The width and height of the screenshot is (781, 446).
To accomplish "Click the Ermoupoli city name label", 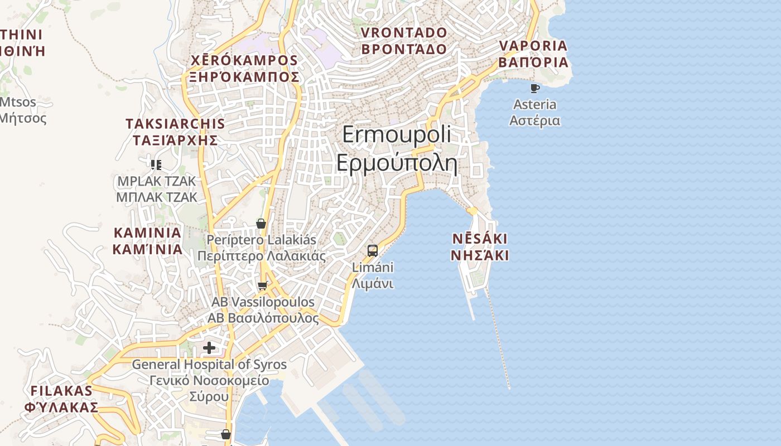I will [x=397, y=149].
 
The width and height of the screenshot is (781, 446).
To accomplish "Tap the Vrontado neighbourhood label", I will [x=404, y=41].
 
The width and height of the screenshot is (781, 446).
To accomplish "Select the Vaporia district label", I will [x=533, y=54].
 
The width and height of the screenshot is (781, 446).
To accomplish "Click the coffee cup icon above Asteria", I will [x=535, y=88].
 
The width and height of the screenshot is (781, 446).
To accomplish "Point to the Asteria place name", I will [x=534, y=112].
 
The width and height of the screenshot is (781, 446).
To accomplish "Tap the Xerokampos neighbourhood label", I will [x=244, y=68].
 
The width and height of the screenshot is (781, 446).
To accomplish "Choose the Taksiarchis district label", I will [x=175, y=132].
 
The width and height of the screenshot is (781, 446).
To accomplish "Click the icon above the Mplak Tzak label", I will [x=156, y=164].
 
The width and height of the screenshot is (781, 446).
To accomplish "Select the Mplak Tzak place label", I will [x=157, y=189].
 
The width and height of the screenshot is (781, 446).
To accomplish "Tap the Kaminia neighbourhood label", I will [x=147, y=240].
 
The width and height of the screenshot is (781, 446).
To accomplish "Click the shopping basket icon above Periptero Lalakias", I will [x=261, y=224].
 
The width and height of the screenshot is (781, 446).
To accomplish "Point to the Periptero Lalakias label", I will [x=261, y=248].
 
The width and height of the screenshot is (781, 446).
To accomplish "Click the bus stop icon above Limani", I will [x=373, y=250].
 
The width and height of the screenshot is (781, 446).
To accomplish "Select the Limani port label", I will [x=373, y=275].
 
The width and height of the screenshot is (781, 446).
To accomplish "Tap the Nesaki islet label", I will [x=480, y=247].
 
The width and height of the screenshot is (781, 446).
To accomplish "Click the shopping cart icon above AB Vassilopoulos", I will [x=262, y=286].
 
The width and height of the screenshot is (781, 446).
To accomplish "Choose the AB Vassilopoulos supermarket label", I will [x=263, y=309].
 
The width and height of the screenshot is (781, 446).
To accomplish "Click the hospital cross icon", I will [x=209, y=348].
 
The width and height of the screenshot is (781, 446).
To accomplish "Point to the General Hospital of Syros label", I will [x=209, y=380].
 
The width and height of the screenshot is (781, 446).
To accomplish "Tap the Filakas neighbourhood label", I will [x=61, y=398].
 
